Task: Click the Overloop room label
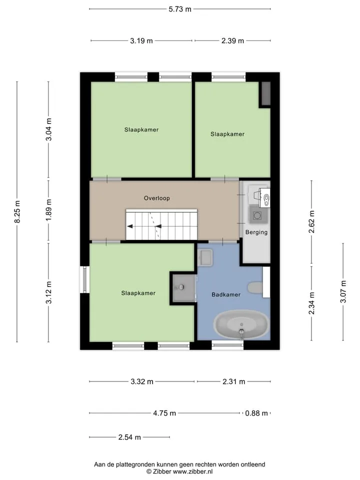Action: coord(156,198)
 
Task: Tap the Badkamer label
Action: coord(226,294)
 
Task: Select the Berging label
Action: coord(256,232)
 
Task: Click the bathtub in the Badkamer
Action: coord(241,324)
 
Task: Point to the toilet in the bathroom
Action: coord(255,288)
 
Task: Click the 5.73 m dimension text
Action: coord(180,9)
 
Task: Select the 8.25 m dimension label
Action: coord(17,211)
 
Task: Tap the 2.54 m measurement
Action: coord(129,437)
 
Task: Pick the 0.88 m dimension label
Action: coord(256,413)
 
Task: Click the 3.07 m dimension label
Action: coord(343,291)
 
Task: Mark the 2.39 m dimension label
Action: coord(232,40)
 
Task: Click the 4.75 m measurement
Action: coord(164,413)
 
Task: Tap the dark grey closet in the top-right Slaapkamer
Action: coord(265,94)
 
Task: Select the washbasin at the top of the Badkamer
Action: coord(205,257)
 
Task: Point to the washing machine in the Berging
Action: coord(257,215)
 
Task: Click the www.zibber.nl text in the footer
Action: coord(193,471)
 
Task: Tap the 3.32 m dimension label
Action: coord(142,381)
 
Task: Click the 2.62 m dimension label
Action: coord(311,221)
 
